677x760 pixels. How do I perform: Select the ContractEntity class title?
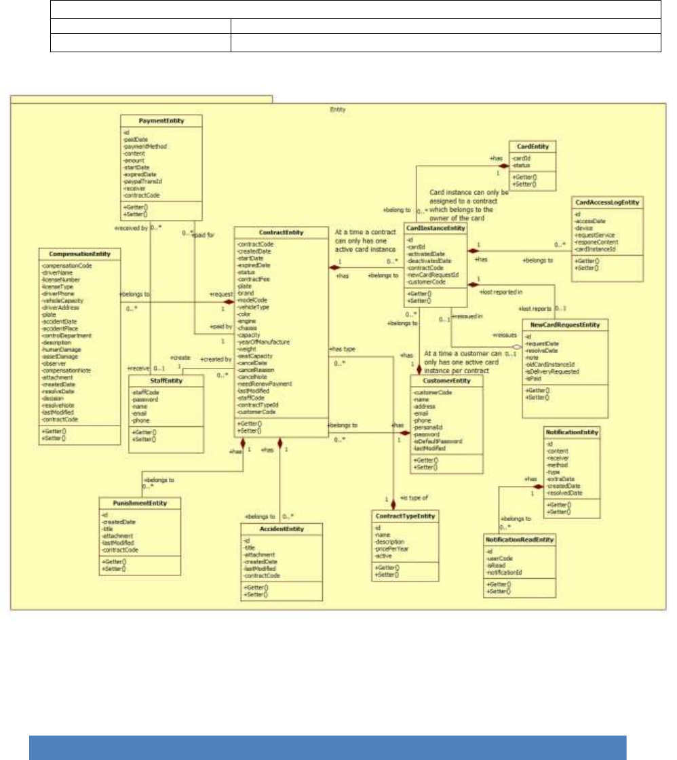click(281, 233)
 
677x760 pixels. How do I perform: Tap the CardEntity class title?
click(533, 146)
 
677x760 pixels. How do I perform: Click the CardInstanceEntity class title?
click(436, 229)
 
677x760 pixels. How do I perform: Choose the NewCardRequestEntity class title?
click(565, 325)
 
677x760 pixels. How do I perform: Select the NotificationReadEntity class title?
click(520, 539)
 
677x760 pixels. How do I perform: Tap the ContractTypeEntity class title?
click(404, 516)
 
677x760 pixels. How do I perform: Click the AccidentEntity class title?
click(282, 529)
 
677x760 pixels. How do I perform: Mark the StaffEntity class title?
click(166, 381)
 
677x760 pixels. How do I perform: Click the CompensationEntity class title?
click(80, 254)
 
